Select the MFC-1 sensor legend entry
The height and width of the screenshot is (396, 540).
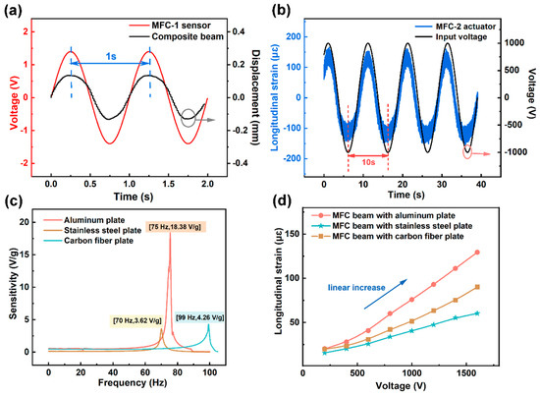[170, 26]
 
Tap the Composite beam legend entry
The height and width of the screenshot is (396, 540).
[177, 36]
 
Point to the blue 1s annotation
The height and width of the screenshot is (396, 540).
[111, 56]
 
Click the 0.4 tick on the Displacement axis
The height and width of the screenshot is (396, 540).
[239, 31]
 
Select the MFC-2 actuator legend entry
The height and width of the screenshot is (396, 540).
[456, 27]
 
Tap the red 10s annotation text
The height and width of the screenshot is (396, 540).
[368, 162]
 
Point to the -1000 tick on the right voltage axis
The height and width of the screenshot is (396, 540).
[515, 152]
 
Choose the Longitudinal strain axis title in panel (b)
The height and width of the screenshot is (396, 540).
[275, 98]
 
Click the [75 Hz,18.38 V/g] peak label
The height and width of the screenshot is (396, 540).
[176, 226]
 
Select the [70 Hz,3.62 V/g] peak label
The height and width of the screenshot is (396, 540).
[137, 320]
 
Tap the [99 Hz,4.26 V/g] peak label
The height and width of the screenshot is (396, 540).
[199, 317]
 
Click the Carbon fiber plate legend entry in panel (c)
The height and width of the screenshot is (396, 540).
[88, 241]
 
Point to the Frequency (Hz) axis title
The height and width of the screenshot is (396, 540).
[133, 382]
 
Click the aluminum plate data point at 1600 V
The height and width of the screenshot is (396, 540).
[477, 253]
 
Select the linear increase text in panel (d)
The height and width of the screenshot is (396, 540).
[356, 288]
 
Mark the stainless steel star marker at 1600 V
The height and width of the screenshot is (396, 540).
[477, 313]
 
